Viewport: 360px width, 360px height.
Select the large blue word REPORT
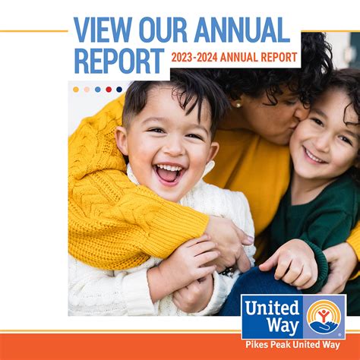[119, 61]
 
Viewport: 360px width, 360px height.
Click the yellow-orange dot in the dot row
[76, 89]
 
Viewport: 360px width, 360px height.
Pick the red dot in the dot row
[109, 89]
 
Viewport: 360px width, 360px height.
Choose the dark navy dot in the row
[119, 89]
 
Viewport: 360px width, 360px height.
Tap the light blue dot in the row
[98, 89]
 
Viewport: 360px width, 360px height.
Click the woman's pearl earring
[237, 104]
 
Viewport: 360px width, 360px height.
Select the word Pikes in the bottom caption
[259, 344]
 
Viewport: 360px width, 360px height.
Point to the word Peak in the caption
[284, 344]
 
